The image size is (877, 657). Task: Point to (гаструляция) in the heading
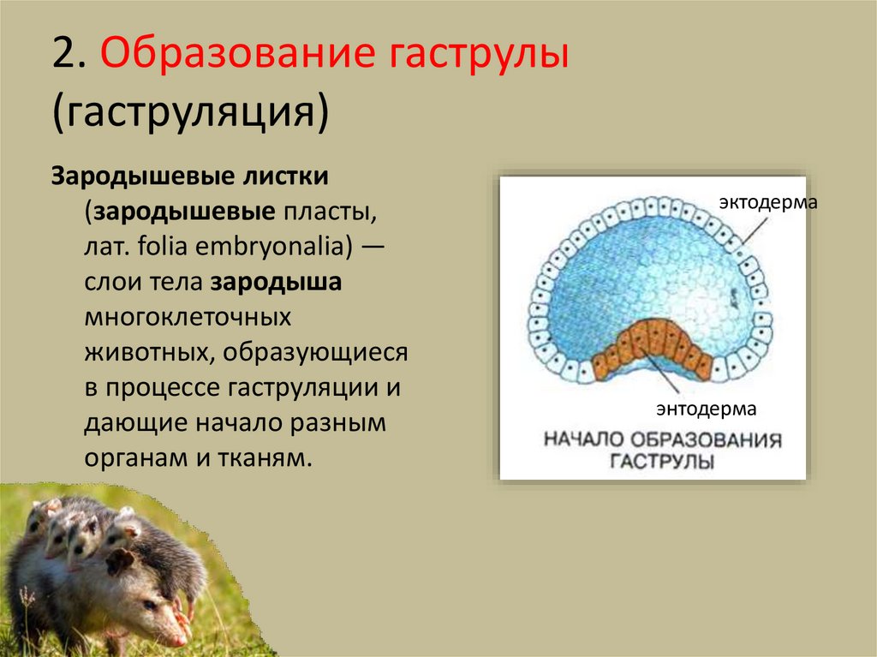[189, 114]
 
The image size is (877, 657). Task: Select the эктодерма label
[768, 203]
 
